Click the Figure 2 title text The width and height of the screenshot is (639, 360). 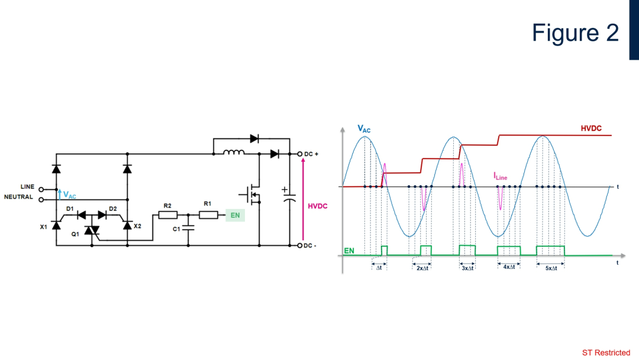tap(575, 33)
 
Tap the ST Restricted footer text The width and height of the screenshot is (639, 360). tap(606, 353)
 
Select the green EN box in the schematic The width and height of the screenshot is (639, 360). tap(235, 215)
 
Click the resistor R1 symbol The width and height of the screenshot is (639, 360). tap(208, 215)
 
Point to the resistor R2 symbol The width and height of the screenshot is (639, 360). tap(167, 215)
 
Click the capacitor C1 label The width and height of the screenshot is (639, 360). tap(176, 229)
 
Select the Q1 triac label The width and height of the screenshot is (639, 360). tap(75, 234)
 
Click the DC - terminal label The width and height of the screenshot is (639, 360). tap(311, 245)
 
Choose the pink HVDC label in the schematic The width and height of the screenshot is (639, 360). tap(318, 207)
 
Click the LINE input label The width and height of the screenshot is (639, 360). tap(27, 187)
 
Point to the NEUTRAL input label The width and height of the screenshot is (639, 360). tap(20, 197)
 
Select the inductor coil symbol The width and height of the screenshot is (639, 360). tap(234, 153)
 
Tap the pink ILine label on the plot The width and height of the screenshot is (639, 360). tap(500, 176)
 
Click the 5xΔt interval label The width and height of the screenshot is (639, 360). tap(551, 268)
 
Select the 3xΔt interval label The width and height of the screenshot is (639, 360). tap(467, 268)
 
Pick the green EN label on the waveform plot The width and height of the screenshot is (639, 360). tap(349, 251)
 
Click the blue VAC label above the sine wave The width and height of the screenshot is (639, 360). tap(364, 128)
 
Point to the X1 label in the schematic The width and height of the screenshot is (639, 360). tap(43, 227)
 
